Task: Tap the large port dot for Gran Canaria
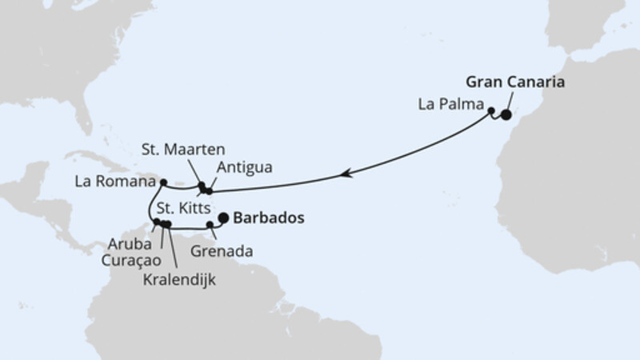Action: (x=506, y=114)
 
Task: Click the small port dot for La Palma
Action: (x=491, y=111)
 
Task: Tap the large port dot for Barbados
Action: (x=223, y=217)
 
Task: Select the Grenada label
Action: (x=222, y=250)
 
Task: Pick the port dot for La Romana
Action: (x=163, y=182)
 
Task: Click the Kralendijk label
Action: (x=181, y=279)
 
